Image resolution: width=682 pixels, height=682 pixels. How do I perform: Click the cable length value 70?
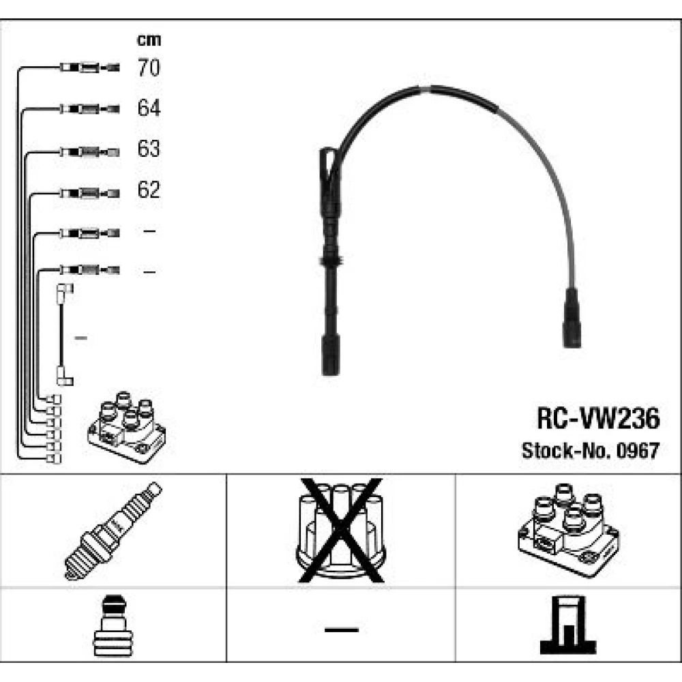click(149, 68)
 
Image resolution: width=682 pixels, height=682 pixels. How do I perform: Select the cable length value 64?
click(149, 108)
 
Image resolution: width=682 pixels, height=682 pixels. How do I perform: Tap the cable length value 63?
click(149, 149)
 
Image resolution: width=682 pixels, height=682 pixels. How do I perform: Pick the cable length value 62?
click(149, 190)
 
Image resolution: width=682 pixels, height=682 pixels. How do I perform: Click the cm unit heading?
click(149, 40)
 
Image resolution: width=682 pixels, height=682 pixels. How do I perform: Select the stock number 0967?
click(640, 451)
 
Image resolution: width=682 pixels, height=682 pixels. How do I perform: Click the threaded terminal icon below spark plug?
click(113, 626)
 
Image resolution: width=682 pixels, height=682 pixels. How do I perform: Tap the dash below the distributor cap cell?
click(341, 628)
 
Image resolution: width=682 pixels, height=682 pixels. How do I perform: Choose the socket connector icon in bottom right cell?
click(569, 626)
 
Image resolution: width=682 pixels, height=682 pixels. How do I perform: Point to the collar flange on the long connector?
click(330, 262)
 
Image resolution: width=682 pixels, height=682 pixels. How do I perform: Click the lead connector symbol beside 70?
click(89, 68)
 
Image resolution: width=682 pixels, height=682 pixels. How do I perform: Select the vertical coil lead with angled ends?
click(62, 334)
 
